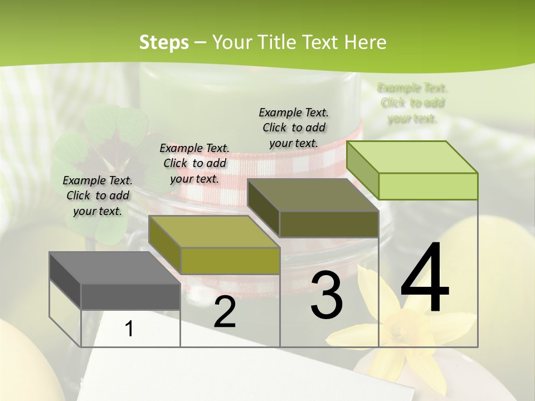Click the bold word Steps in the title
click(164, 42)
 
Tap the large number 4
click(425, 278)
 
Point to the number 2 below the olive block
click(225, 312)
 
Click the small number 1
click(129, 329)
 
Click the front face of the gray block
click(130, 296)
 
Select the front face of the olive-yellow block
click(230, 261)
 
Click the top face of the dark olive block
click(312, 195)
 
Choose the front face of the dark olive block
click(329, 224)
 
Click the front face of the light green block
click(428, 186)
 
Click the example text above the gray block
click(98, 195)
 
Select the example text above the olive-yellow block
click(194, 163)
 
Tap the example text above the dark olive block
click(294, 128)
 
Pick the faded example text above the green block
click(412, 103)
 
